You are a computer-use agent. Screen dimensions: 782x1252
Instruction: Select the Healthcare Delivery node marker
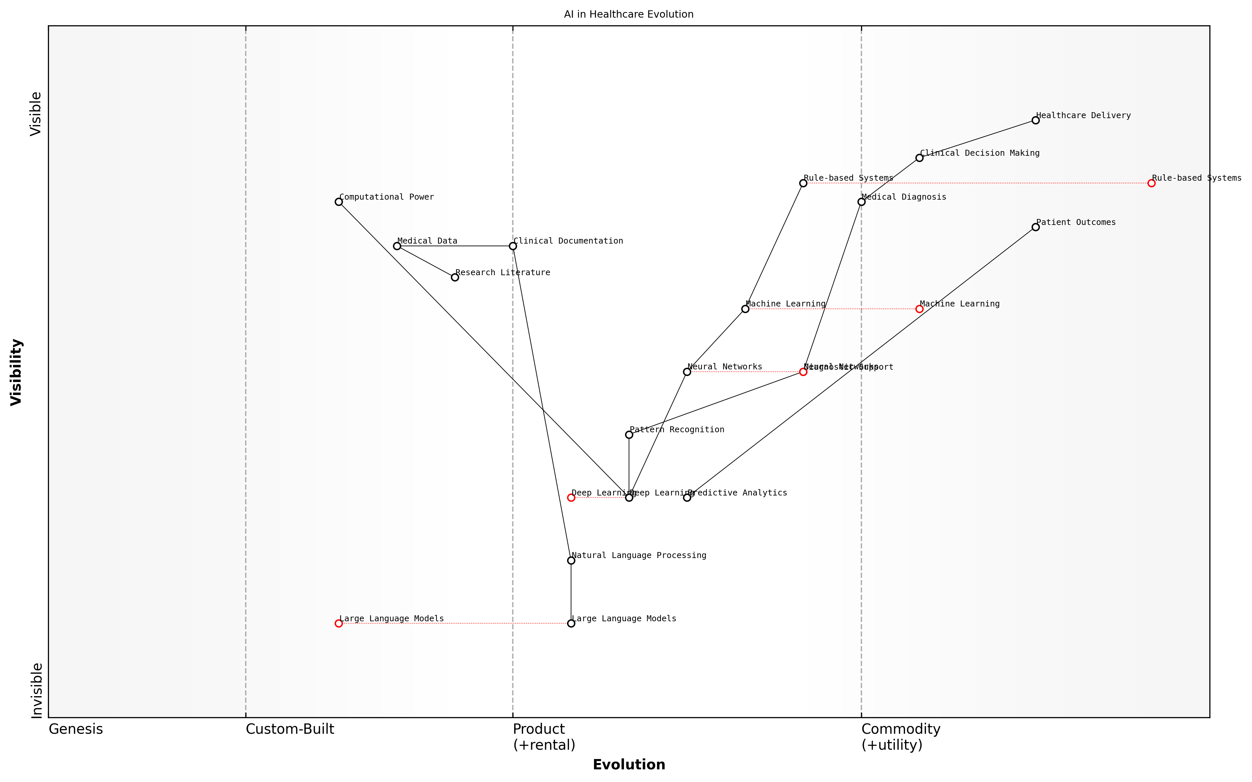1035,120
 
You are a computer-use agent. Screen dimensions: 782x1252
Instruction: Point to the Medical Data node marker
397,246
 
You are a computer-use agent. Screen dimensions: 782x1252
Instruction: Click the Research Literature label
502,273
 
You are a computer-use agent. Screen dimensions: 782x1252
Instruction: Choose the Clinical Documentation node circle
513,246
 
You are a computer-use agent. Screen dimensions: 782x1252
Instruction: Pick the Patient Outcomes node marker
1035,227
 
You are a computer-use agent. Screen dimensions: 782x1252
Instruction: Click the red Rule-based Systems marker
1151,183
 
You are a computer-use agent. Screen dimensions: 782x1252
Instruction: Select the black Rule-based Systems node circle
803,183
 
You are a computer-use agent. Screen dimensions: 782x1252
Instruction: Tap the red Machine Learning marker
919,309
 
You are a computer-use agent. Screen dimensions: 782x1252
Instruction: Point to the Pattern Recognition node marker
629,435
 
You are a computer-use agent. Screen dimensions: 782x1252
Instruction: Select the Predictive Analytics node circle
687,497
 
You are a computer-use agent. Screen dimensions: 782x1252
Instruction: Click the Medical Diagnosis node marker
861,202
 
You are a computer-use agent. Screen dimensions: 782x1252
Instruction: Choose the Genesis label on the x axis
76,729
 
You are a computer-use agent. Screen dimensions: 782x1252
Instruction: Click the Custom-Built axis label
290,729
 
